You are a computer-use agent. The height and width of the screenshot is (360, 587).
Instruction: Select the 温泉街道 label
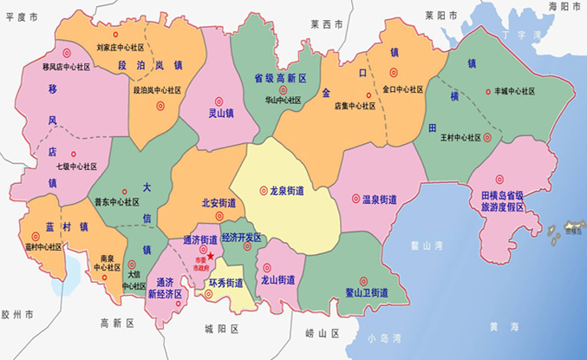pos(381,199)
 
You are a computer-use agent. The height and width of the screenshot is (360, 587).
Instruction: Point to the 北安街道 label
pos(218,203)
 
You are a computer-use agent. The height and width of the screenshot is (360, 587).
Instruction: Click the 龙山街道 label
pos(278,280)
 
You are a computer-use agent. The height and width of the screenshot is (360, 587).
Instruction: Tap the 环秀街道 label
pos(225,283)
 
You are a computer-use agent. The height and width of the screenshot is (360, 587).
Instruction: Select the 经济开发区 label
pos(241,237)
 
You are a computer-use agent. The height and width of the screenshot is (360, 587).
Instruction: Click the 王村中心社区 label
pos(460,137)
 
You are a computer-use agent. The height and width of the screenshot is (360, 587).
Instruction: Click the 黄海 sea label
pos(497,326)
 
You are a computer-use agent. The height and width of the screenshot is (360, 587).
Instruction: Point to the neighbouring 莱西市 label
pos(327,24)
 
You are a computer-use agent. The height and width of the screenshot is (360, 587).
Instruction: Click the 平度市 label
pos(22,16)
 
